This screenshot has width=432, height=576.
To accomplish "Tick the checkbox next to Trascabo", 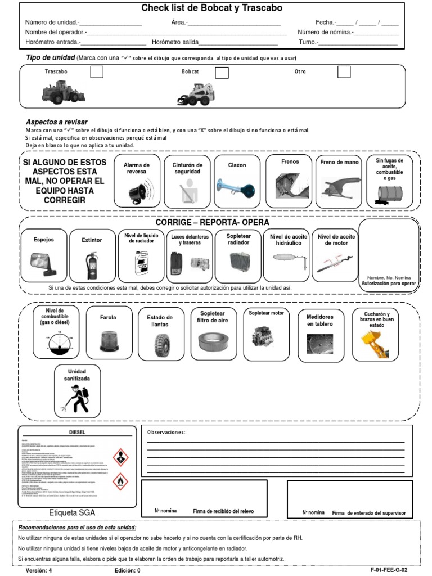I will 97,71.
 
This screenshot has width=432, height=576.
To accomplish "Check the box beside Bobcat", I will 222,72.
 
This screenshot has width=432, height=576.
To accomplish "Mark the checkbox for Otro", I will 344,71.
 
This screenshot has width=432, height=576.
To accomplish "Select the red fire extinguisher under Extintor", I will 92,265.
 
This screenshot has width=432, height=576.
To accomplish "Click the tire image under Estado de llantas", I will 163,346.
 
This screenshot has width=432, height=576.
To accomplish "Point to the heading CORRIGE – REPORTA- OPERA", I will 212,222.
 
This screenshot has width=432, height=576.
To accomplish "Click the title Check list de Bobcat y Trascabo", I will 211,8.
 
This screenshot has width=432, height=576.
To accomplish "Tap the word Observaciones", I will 166,432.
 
